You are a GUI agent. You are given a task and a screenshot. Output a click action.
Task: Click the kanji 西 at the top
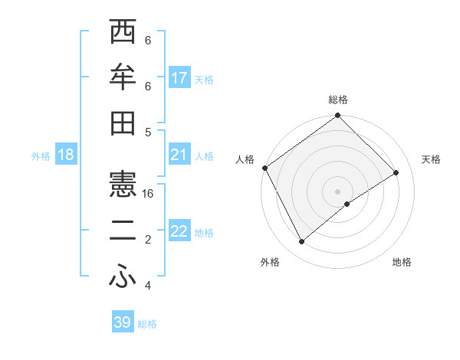click(123, 35)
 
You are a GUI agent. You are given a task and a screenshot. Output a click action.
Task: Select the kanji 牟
click(123, 79)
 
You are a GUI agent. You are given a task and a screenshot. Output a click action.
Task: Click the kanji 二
click(123, 231)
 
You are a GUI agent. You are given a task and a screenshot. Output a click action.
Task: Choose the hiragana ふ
click(123, 275)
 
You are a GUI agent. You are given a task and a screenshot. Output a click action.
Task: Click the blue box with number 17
click(179, 77)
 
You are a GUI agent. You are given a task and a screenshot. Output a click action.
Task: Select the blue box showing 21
click(179, 155)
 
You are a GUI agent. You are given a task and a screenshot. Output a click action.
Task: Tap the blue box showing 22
click(179, 231)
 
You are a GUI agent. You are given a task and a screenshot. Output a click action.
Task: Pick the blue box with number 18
click(66, 155)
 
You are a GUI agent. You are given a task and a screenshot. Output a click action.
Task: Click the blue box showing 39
click(123, 322)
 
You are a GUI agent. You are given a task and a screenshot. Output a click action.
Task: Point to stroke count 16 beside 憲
click(148, 194)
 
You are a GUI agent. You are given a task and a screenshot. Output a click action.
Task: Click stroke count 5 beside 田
click(148, 132)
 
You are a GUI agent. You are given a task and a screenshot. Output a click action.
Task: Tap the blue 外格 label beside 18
click(41, 155)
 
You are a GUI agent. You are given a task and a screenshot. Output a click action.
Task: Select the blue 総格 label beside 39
click(147, 323)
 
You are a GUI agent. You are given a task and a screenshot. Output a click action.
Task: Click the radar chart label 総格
click(337, 100)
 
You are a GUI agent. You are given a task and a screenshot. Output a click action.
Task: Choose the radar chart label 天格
click(431, 159)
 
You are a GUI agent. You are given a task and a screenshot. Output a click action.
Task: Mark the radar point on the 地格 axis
click(347, 204)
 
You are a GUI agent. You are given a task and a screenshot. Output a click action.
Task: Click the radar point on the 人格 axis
click(264, 168)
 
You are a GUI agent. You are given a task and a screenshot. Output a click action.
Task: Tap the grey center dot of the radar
click(337, 190)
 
